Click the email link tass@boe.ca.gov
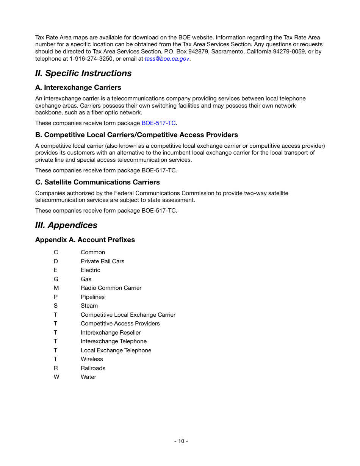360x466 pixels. point(167,59)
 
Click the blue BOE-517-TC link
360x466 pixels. point(158,123)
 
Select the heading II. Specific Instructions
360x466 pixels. point(83,73)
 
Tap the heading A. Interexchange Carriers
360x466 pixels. point(78,88)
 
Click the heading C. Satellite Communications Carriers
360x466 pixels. point(97,182)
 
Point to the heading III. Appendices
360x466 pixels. point(66,225)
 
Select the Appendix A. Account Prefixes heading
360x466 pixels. point(85,240)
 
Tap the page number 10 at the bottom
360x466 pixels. point(181,441)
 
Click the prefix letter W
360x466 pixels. point(56,377)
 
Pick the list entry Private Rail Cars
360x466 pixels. point(102,261)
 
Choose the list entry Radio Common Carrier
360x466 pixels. point(111,288)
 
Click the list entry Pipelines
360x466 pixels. point(92,297)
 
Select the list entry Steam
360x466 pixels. point(89,306)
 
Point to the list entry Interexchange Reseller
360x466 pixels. point(111,333)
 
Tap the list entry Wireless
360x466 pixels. point(92,359)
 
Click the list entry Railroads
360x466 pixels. point(93,368)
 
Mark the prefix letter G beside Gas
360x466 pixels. point(56,279)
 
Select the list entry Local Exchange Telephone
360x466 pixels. point(116,350)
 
